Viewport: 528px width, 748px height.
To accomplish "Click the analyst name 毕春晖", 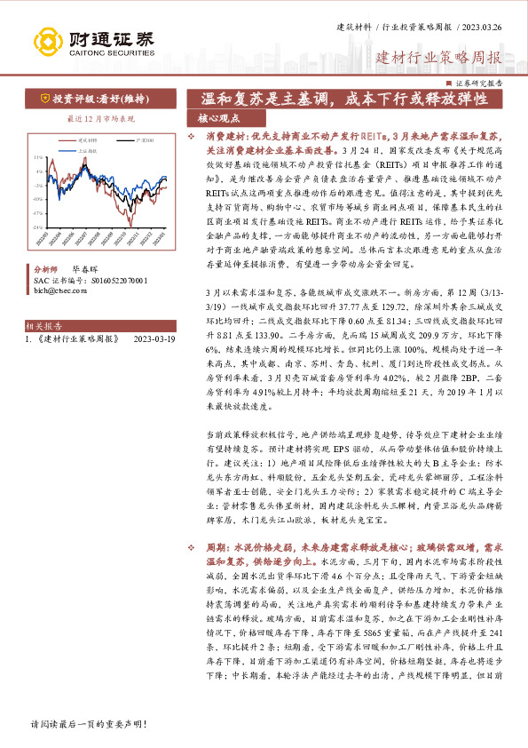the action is pos(84,267).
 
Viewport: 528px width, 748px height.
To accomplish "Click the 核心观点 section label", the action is pos(217,118).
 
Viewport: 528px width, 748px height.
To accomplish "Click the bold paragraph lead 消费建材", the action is pos(225,138).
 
